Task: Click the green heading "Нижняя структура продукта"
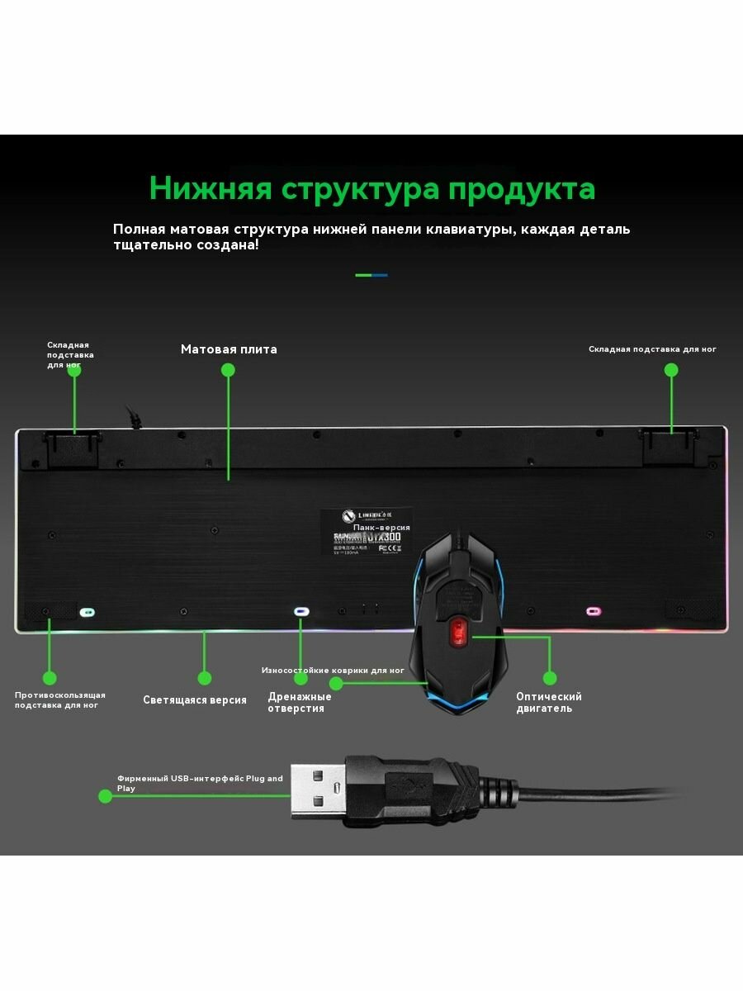click(371, 188)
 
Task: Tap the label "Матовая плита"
click(229, 349)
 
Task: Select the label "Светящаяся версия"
click(195, 700)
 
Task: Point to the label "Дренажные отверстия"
click(299, 703)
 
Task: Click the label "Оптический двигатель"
click(549, 703)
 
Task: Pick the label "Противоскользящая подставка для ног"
click(59, 700)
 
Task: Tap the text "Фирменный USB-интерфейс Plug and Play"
click(200, 783)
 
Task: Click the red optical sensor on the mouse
click(457, 633)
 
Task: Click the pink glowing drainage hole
click(593, 612)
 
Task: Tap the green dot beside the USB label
click(105, 796)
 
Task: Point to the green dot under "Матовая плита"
click(228, 370)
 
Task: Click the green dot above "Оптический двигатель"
click(550, 678)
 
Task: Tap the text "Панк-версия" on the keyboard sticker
click(381, 527)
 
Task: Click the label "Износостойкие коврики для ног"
click(333, 671)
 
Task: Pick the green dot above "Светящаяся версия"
click(204, 678)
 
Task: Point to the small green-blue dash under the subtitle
click(371, 275)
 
